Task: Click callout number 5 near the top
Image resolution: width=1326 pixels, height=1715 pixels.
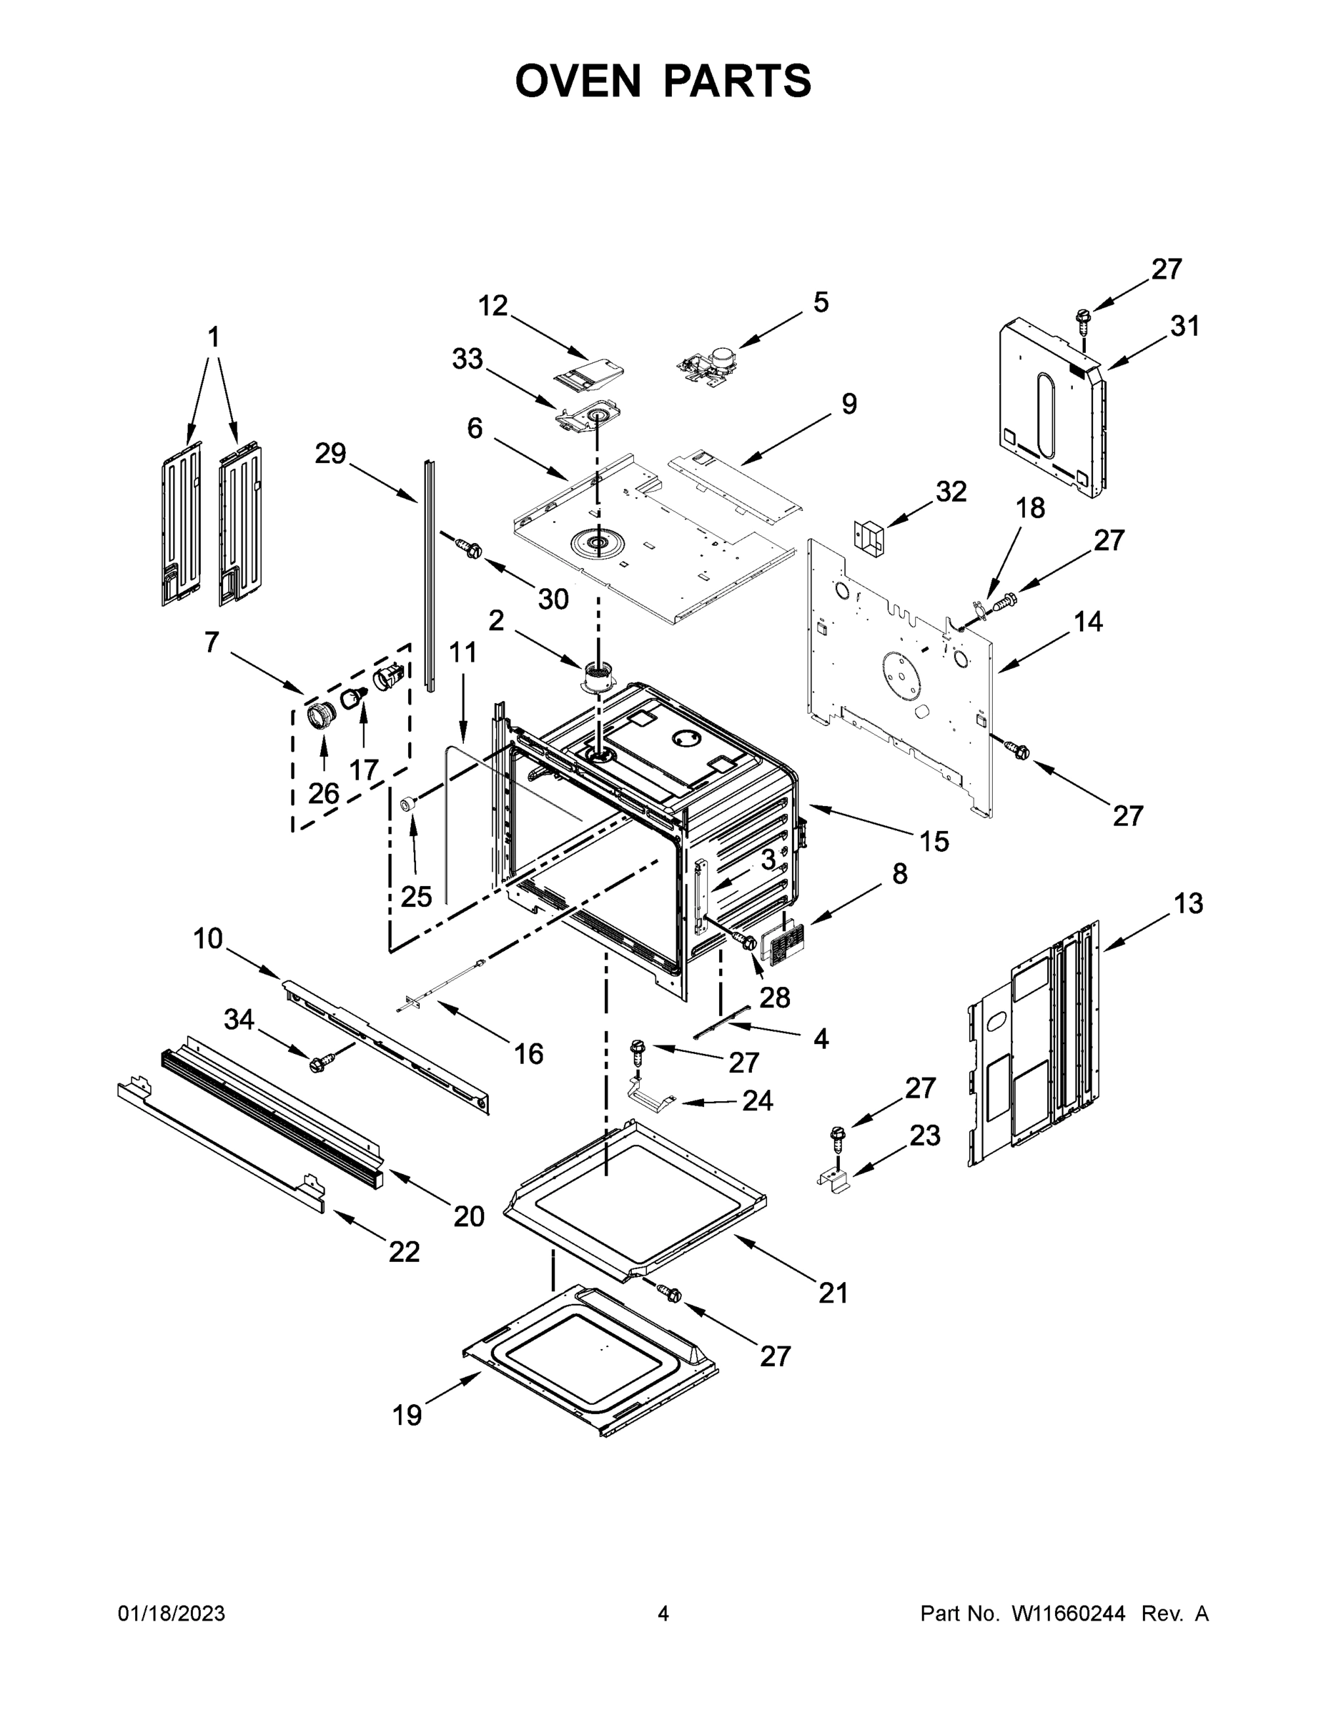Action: tap(820, 302)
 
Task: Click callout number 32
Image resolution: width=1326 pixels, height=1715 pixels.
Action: tap(951, 492)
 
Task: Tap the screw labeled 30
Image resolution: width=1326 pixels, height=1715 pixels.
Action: tap(470, 549)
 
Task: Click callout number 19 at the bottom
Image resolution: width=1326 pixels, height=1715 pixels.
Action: tap(407, 1415)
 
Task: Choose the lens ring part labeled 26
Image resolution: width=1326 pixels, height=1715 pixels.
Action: tap(321, 716)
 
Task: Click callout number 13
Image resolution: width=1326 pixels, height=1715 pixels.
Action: tap(1189, 904)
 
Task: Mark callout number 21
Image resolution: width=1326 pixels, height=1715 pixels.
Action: tap(833, 1293)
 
